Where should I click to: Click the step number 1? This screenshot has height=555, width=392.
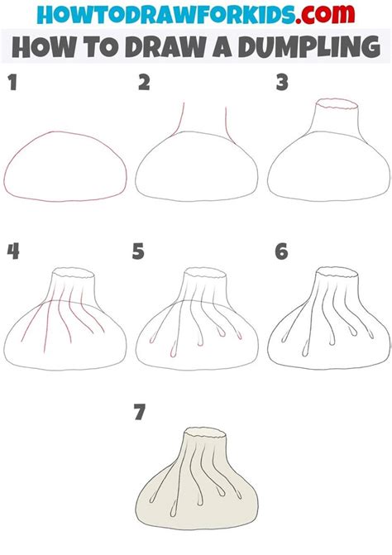[x=12, y=83]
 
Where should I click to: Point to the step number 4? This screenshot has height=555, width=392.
[x=12, y=251]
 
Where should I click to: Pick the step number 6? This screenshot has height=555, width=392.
[x=281, y=251]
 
